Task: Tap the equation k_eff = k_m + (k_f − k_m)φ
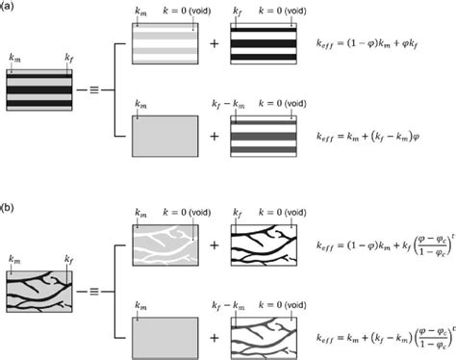369,141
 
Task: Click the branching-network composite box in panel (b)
39,276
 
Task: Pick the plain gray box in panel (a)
165,138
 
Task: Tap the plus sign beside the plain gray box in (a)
215,138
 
